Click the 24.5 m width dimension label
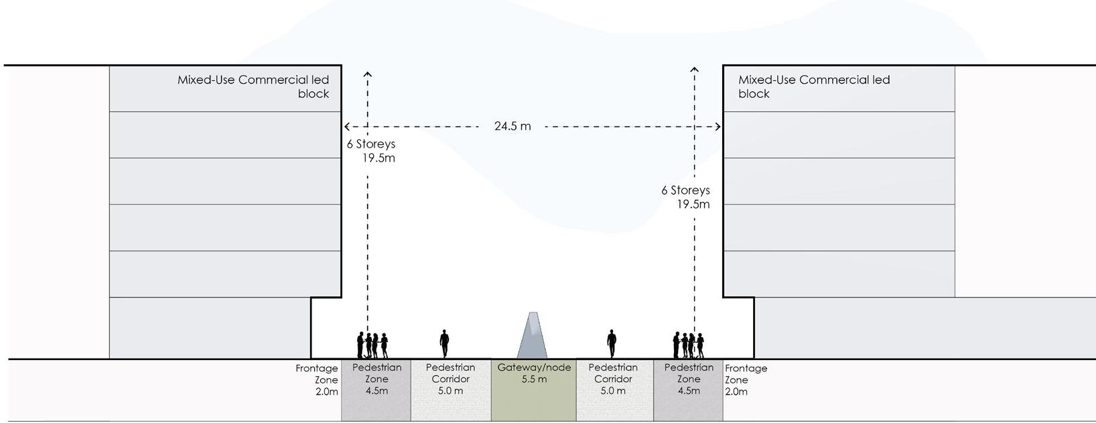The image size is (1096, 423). [x=512, y=126]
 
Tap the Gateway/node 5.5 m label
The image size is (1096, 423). [x=534, y=373]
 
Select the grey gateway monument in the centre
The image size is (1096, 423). [x=533, y=337]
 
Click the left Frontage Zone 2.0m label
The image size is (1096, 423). [x=318, y=379]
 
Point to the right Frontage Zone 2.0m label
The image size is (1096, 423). [x=745, y=379]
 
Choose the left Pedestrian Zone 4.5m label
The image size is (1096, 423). [x=376, y=379]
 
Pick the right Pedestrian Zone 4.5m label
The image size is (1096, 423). [x=689, y=379]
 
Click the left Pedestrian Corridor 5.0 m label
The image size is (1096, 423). [x=450, y=379]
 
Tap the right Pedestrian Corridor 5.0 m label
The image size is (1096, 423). [x=613, y=379]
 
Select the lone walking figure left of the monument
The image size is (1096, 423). [x=443, y=343]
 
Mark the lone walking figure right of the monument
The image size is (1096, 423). [x=611, y=343]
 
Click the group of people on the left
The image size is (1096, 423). [x=372, y=345]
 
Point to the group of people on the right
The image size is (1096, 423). [x=688, y=345]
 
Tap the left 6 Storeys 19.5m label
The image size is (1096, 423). [x=372, y=151]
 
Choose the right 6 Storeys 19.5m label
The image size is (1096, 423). [x=686, y=197]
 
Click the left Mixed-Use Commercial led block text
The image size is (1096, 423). [x=253, y=86]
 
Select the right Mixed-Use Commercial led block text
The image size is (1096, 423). [x=813, y=86]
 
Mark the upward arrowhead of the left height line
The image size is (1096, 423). [x=367, y=73]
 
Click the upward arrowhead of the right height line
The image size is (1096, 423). [x=695, y=69]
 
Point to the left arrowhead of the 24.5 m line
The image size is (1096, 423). [x=346, y=126]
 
